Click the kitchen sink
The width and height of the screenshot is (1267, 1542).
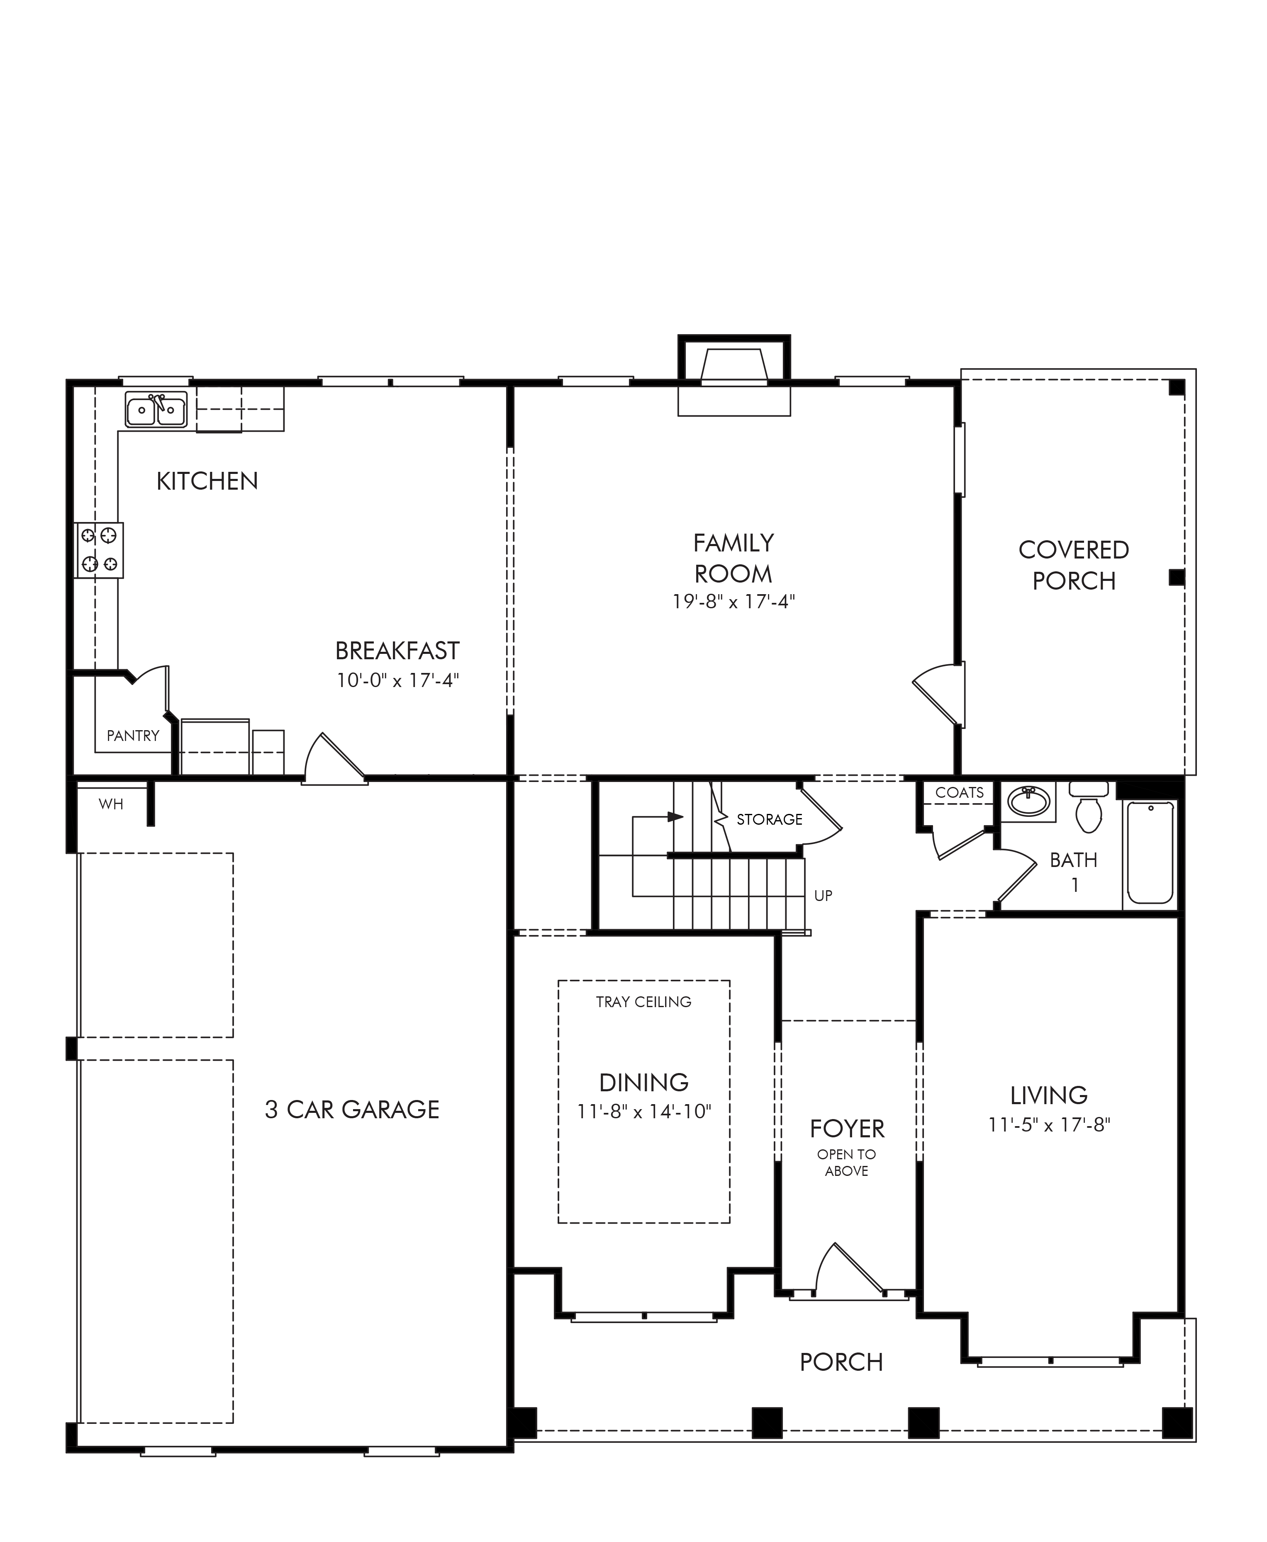pos(156,409)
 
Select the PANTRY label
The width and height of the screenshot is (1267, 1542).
pos(133,736)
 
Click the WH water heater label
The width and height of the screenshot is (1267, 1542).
pos(111,804)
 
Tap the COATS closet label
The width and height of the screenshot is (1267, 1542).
pos(960,792)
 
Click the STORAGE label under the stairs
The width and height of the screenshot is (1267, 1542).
pos(769,819)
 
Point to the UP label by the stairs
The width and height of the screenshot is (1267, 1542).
pos(823,896)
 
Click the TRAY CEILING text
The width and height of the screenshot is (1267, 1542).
pos(644,1001)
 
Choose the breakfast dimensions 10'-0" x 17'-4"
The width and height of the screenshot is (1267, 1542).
pos(398,680)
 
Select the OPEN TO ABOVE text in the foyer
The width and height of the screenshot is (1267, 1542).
pos(847,1163)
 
